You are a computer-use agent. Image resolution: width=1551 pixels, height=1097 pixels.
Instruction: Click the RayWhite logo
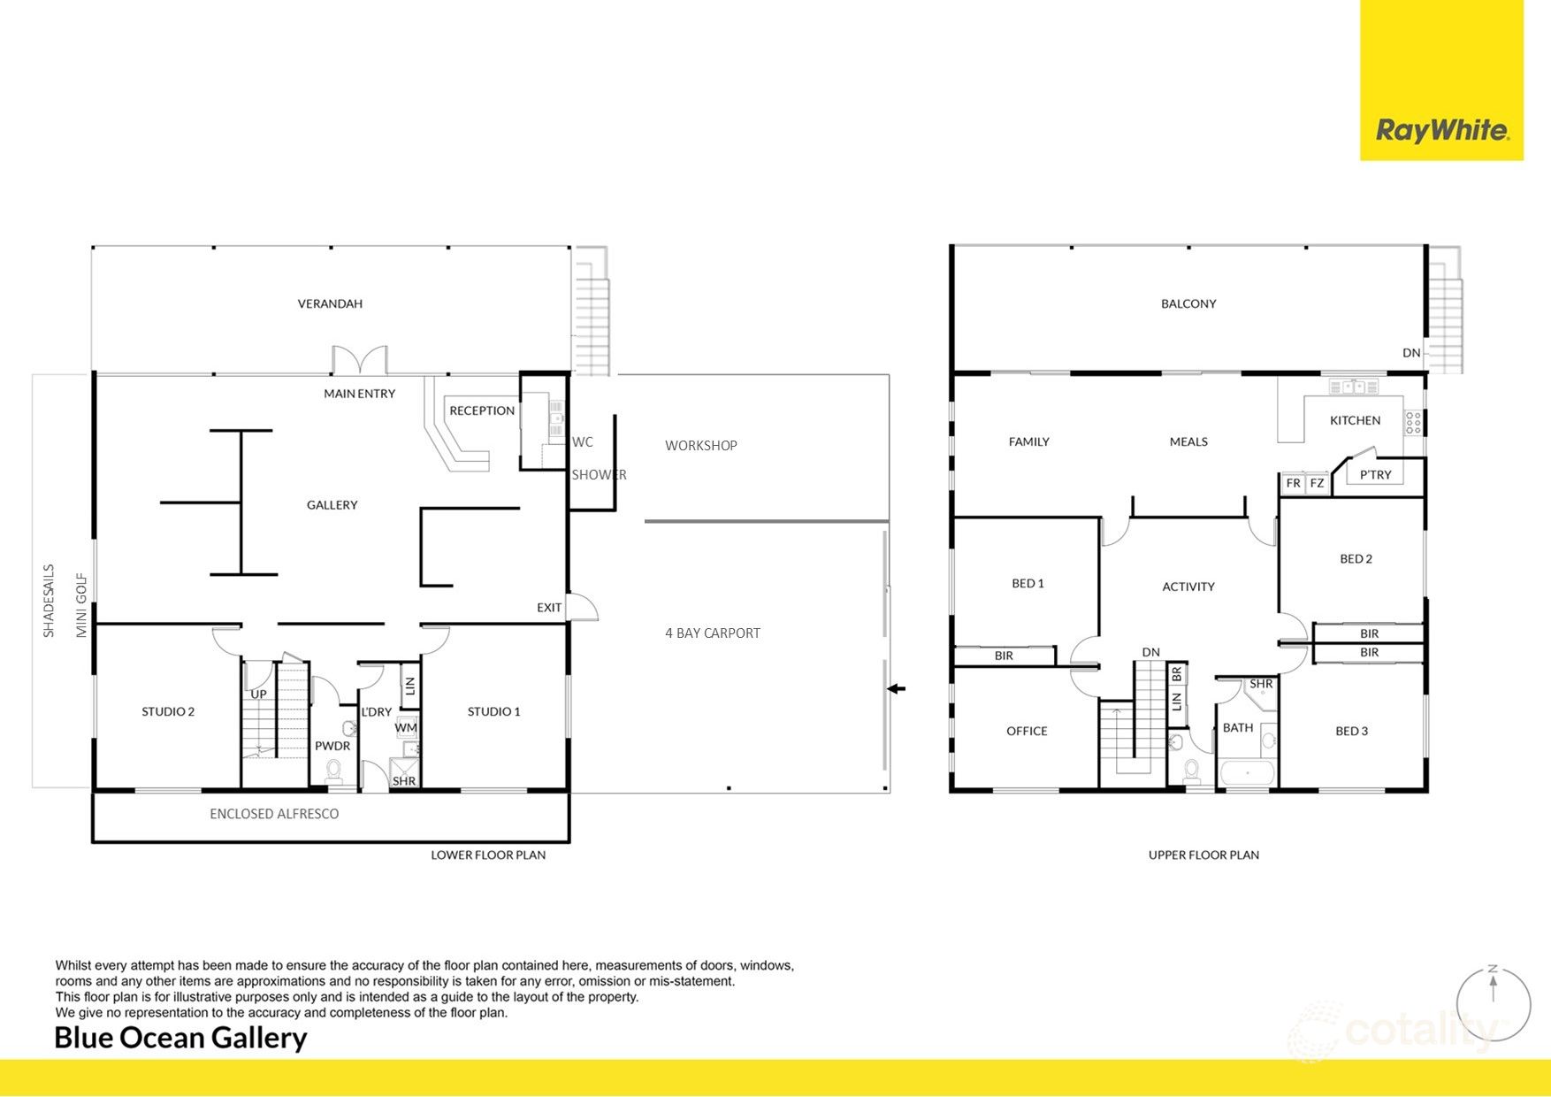[1441, 131]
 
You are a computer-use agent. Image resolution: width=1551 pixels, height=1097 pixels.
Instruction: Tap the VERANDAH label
[330, 303]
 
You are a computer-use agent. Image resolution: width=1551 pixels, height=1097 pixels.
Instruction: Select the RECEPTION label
[481, 410]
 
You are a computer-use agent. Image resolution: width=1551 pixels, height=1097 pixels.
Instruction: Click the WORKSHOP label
[700, 445]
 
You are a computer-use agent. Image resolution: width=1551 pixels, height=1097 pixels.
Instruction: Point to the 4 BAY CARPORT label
[712, 633]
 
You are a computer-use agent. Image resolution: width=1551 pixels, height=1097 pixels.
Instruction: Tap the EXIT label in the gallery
[548, 607]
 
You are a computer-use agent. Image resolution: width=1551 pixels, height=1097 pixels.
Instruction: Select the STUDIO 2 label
[168, 711]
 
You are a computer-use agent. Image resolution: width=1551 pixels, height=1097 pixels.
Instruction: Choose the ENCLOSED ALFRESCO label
[274, 814]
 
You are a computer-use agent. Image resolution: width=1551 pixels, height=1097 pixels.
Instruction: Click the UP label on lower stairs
[258, 694]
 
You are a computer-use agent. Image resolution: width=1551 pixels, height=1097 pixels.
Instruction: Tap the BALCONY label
[1188, 303]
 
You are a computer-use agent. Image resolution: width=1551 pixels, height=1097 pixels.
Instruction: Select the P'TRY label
[1375, 475]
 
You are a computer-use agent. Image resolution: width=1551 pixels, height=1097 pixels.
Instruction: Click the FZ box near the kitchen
[1317, 483]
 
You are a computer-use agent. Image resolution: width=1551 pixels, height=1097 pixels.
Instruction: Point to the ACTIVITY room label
[1188, 587]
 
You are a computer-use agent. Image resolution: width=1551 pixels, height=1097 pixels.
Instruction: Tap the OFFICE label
[1027, 731]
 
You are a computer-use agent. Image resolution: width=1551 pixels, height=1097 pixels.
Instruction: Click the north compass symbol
[1493, 1003]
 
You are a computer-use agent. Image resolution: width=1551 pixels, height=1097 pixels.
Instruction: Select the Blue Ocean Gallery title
[180, 1038]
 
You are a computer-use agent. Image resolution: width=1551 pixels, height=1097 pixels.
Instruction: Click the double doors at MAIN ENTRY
[360, 361]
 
